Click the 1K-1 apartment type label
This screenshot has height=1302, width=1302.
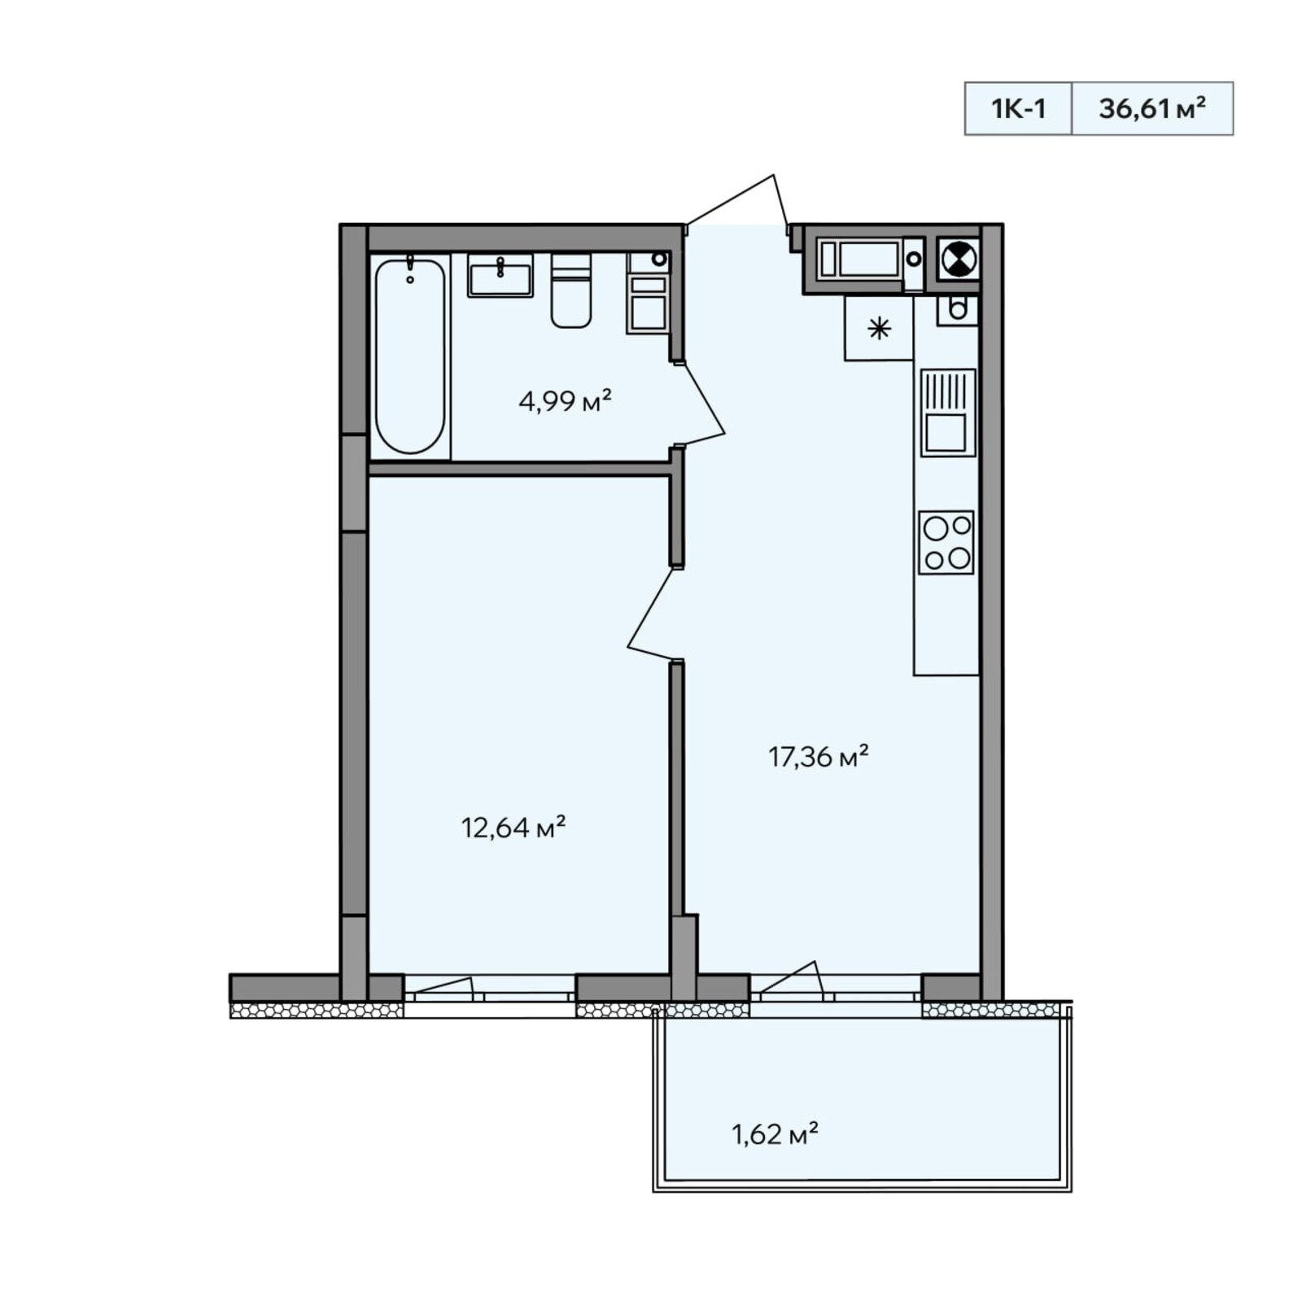pyautogui.click(x=1018, y=108)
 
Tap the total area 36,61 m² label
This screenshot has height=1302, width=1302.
pyautogui.click(x=1151, y=107)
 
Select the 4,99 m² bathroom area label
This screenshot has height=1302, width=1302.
pyautogui.click(x=565, y=400)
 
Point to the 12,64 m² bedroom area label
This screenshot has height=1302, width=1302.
pyautogui.click(x=513, y=828)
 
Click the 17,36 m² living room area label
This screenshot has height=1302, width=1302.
pyautogui.click(x=819, y=757)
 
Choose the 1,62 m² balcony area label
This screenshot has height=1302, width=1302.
pyautogui.click(x=775, y=1134)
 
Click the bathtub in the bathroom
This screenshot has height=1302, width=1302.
pyautogui.click(x=410, y=356)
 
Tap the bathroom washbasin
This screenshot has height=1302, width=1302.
pyautogui.click(x=500, y=275)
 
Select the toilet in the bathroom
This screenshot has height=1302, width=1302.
pyautogui.click(x=571, y=291)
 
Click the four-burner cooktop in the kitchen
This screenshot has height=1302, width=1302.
pyautogui.click(x=946, y=542)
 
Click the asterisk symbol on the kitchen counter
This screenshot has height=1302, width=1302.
pyautogui.click(x=879, y=329)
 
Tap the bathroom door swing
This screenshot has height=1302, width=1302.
pyautogui.click(x=700, y=404)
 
